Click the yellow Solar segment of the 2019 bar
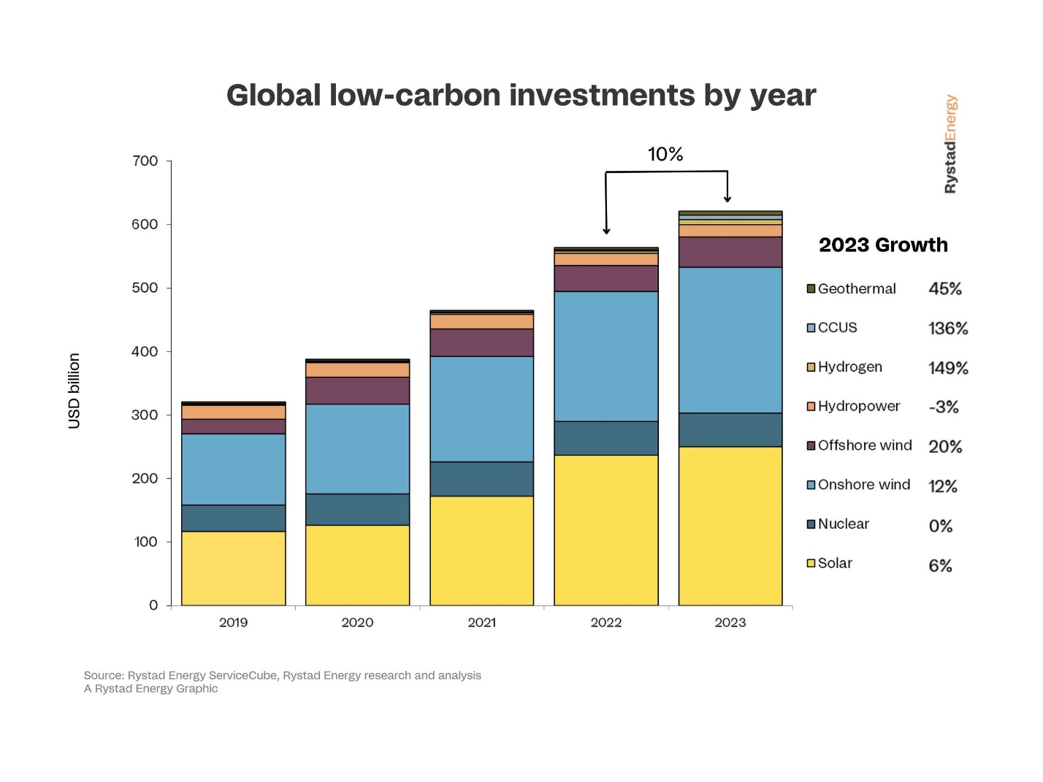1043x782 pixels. (x=233, y=568)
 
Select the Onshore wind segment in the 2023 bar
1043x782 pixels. (x=730, y=340)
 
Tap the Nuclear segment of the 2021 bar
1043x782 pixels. (x=481, y=478)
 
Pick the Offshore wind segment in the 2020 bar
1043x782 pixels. (x=357, y=391)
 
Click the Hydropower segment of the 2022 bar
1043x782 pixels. (x=605, y=259)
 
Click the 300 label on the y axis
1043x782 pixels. (x=145, y=415)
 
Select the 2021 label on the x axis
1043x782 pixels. (x=481, y=622)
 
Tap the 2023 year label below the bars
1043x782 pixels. (x=730, y=622)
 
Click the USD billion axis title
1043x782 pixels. (x=74, y=391)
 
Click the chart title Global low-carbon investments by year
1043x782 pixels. (x=521, y=95)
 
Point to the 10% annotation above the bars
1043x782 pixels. (x=665, y=154)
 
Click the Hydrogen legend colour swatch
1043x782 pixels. (x=811, y=367)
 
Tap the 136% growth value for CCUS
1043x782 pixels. (x=947, y=329)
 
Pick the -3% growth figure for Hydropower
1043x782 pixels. (x=943, y=407)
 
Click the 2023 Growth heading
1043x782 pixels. (x=883, y=245)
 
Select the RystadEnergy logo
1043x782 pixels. (x=950, y=144)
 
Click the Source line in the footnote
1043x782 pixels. (x=282, y=675)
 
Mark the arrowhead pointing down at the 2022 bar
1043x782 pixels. (x=606, y=231)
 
